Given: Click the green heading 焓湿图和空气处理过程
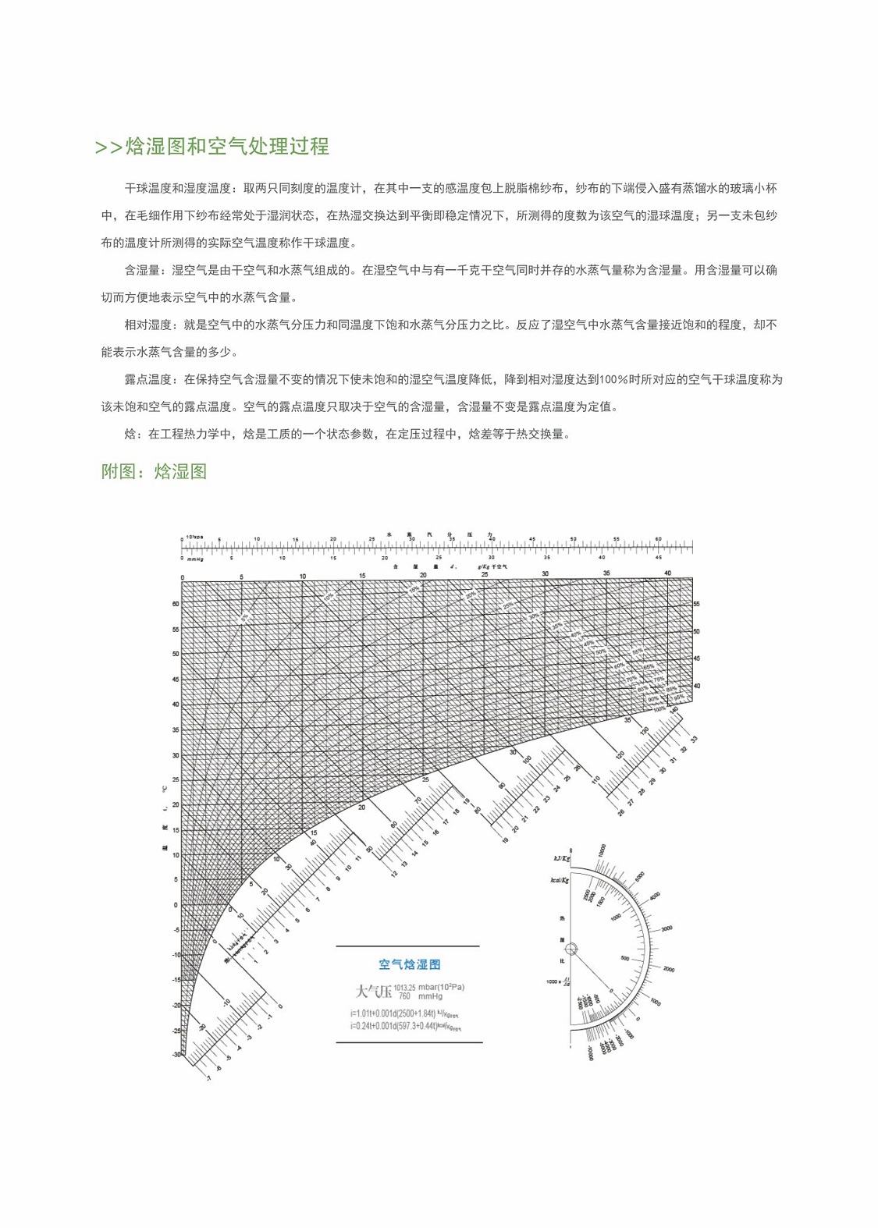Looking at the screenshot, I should tap(226, 147).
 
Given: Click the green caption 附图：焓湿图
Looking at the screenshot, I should tap(154, 471).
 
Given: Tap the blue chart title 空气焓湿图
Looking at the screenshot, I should tap(409, 964).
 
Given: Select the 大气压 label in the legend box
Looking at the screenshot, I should tap(373, 992).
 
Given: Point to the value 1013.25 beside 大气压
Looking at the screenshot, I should tap(404, 987).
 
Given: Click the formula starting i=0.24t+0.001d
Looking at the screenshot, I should tap(405, 1026).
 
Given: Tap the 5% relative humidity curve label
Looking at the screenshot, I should tap(244, 617).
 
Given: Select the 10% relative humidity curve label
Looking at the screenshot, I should tap(329, 597).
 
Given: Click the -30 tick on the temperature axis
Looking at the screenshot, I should tap(176, 1055).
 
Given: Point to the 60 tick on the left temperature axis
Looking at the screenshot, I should tap(176, 604).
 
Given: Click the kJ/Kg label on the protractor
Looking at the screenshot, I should tap(561, 858).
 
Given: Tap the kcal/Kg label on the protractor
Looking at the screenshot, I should tap(560, 880).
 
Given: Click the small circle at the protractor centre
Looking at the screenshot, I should tap(571, 949).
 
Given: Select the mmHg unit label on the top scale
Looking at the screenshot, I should tap(195, 559).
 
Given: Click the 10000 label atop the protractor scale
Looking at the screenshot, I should tap(600, 850).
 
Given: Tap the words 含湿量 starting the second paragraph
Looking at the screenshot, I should tap(142, 270).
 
